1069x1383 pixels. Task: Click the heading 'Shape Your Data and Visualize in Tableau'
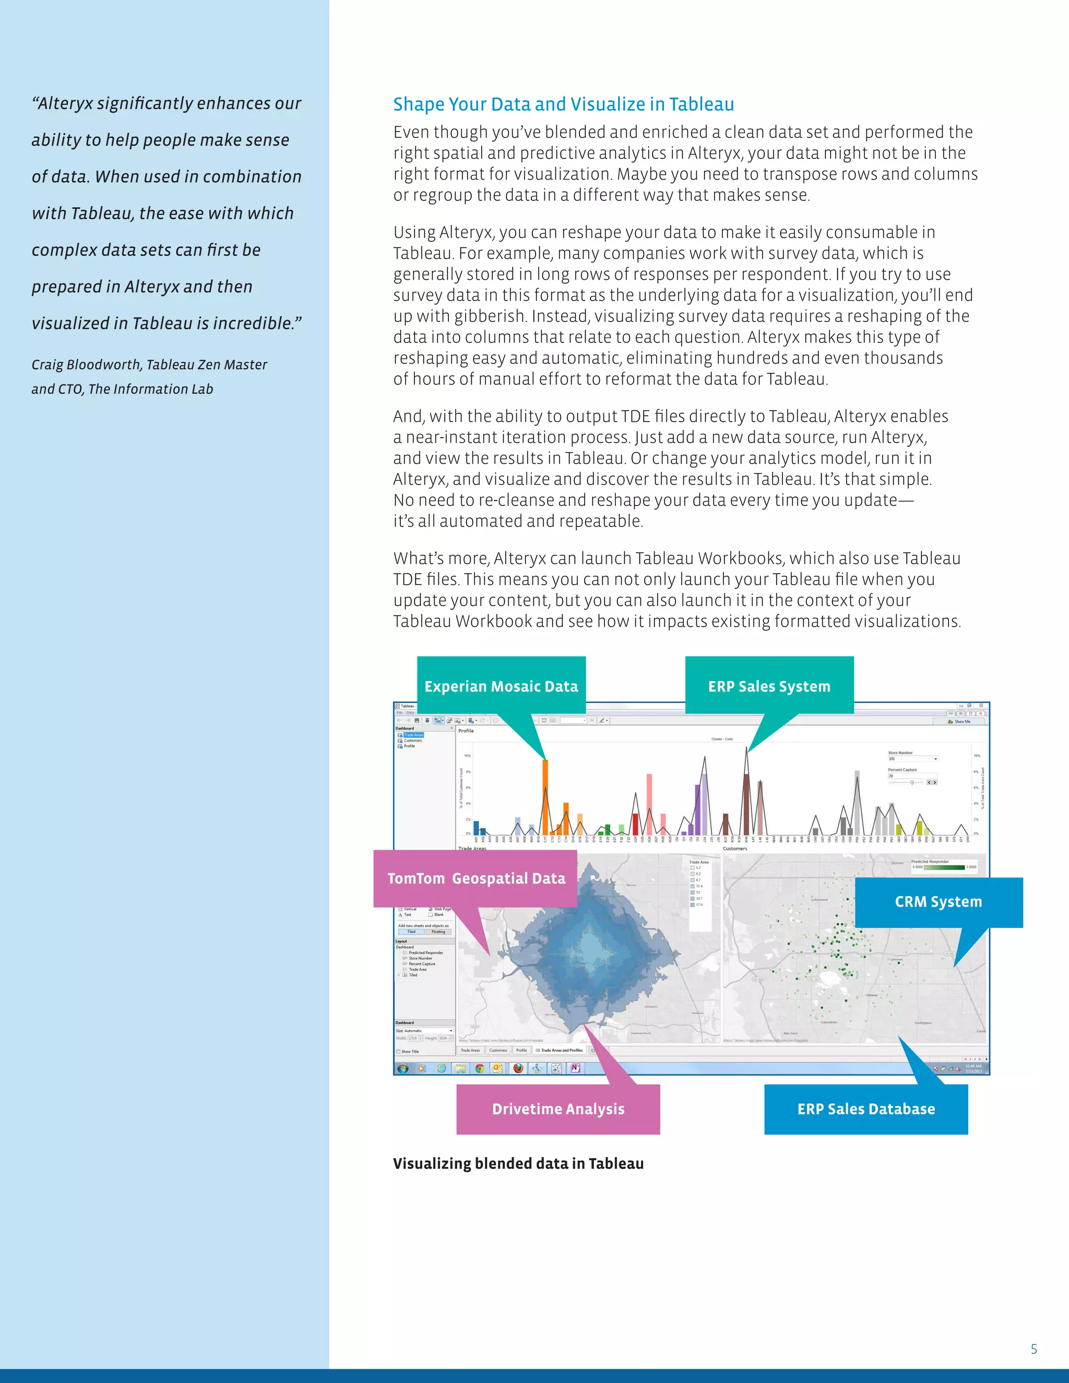click(x=563, y=104)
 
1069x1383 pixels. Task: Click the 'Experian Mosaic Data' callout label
click(x=501, y=686)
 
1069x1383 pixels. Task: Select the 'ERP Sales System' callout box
click(x=769, y=686)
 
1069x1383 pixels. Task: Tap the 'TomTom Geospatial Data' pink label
click(x=476, y=878)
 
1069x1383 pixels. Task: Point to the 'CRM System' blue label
click(x=938, y=902)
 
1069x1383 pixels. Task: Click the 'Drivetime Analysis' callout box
click(x=558, y=1109)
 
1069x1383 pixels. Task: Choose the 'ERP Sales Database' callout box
click(x=866, y=1109)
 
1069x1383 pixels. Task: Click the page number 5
click(x=1034, y=1349)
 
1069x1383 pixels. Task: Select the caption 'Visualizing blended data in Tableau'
click(x=518, y=1163)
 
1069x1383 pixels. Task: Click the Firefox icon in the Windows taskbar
click(x=518, y=1068)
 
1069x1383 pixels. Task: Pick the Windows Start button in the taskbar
click(x=402, y=1068)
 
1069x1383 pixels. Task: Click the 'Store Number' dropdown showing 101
click(x=912, y=759)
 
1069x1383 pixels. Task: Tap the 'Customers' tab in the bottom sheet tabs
click(x=498, y=1050)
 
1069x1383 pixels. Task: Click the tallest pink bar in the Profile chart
click(x=649, y=804)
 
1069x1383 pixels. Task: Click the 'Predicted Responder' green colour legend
click(x=944, y=867)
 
